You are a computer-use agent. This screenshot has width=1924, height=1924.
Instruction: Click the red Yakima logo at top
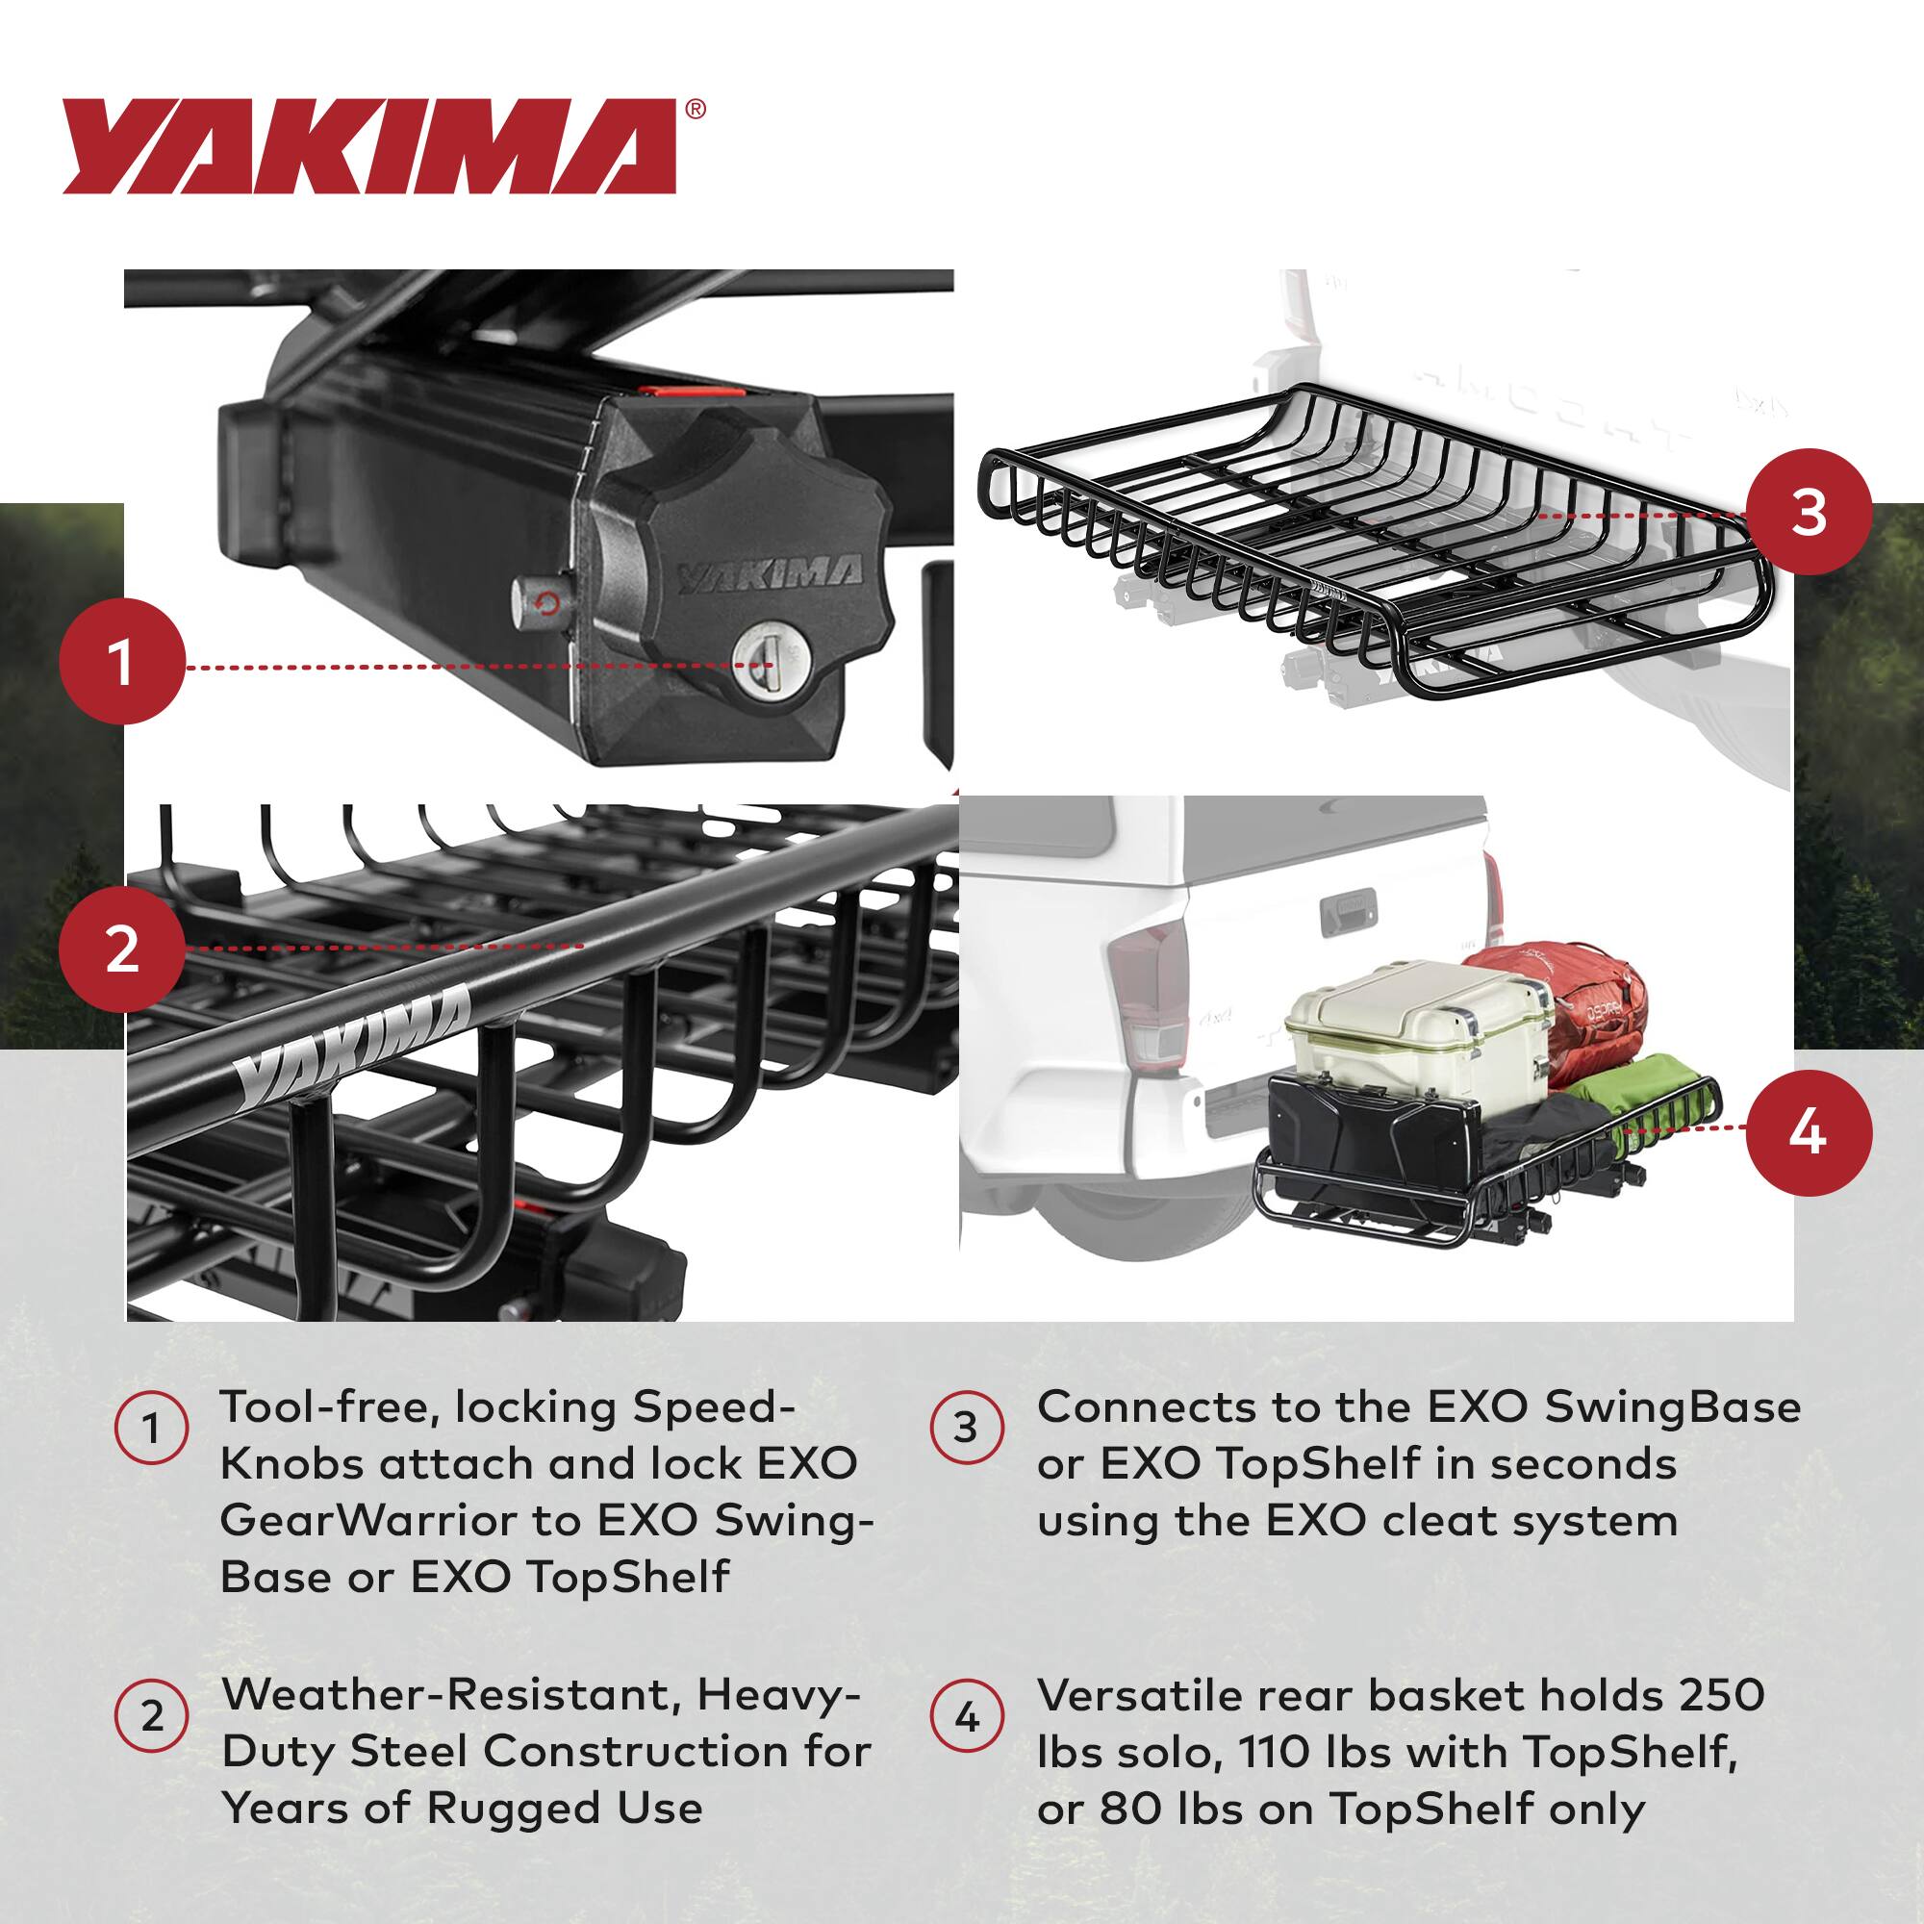click(368, 146)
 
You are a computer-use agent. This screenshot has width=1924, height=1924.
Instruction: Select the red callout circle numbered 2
click(121, 949)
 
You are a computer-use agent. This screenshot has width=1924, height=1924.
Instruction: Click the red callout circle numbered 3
click(1809, 514)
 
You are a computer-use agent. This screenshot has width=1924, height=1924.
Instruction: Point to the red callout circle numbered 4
click(1809, 1132)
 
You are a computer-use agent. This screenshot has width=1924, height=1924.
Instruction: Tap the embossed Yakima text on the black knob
click(770, 574)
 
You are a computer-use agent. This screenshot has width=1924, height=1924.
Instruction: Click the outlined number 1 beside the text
click(151, 1430)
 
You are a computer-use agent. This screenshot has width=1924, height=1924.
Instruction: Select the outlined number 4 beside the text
click(966, 1718)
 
